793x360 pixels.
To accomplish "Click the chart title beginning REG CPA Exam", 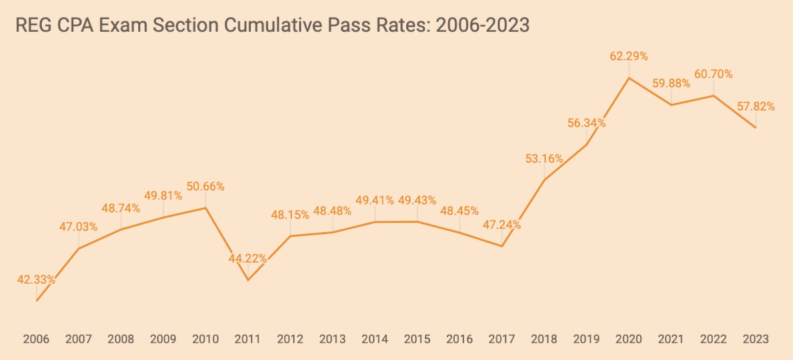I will click(273, 25).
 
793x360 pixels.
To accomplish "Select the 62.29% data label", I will click(628, 56).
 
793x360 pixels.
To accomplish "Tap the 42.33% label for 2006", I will click(36, 280).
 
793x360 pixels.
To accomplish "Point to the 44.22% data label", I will click(248, 258).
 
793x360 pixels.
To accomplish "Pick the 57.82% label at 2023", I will click(756, 106).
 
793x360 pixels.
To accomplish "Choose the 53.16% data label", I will click(544, 159).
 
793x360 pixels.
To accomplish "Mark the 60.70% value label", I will click(714, 74).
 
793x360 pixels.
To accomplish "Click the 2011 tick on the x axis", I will click(248, 339).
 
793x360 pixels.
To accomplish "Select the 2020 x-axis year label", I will click(628, 339).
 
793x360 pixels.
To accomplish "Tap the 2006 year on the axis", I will click(36, 339).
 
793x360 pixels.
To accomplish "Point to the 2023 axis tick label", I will click(756, 339).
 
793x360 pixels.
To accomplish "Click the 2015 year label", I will click(417, 339).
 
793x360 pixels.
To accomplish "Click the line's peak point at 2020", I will click(628, 78).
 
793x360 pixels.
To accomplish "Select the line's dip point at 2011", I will click(248, 280).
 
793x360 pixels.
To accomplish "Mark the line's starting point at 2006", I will click(36, 301).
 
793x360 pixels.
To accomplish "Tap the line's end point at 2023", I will click(756, 127).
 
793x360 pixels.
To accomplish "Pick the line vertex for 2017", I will click(502, 246).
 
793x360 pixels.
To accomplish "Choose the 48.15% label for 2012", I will click(290, 215).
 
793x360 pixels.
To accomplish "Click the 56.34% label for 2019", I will click(586, 123).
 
